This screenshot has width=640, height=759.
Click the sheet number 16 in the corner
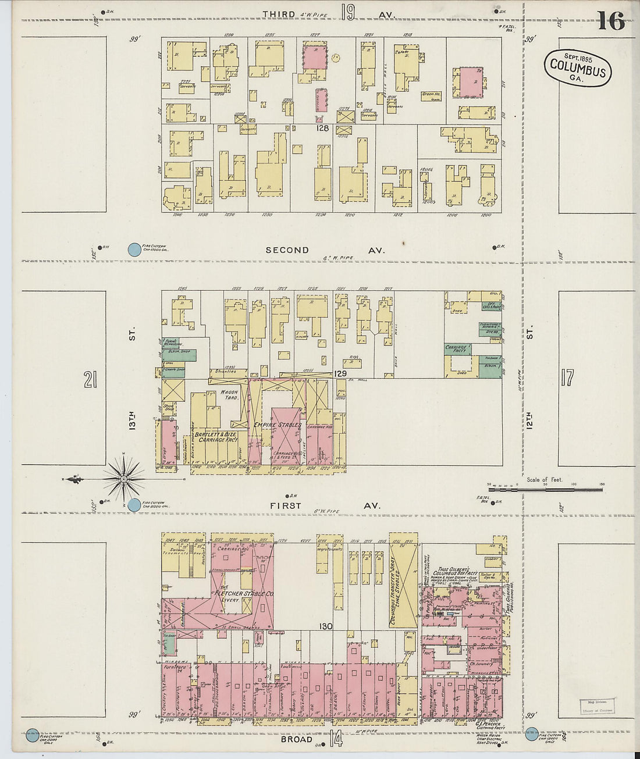click(x=610, y=22)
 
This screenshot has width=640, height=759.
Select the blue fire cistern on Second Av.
click(x=134, y=250)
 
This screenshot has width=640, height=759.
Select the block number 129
click(x=340, y=373)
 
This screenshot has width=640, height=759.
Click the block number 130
click(x=325, y=626)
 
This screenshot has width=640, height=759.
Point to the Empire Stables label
click(x=277, y=425)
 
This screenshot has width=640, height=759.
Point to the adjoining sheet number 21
click(x=90, y=380)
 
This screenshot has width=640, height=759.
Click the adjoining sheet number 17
click(x=567, y=378)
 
